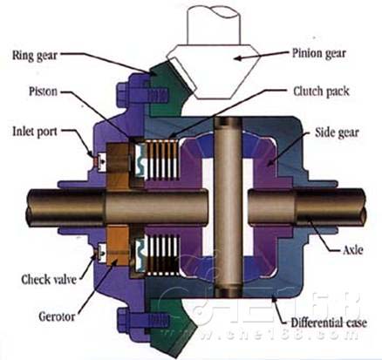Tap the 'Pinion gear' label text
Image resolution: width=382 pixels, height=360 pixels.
(x=321, y=53)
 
